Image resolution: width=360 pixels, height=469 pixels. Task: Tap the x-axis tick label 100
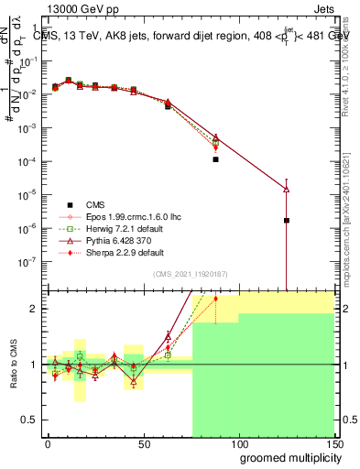pyautogui.click(x=238, y=442)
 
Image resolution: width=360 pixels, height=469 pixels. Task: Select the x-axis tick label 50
pyautogui.click(x=143, y=442)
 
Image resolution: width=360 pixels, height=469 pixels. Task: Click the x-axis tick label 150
pyautogui.click(x=334, y=442)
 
